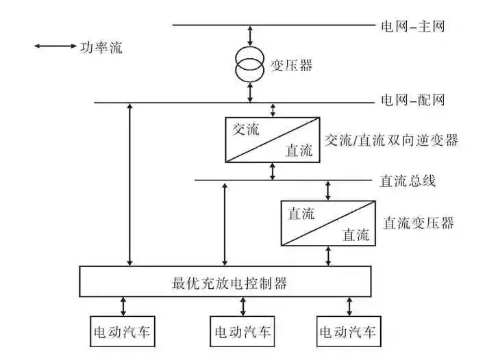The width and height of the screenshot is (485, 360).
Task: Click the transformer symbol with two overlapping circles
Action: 250,64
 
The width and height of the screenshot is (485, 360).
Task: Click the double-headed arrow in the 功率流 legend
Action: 55,47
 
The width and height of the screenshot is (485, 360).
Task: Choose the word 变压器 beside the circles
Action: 292,66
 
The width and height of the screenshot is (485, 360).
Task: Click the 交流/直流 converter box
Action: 273,140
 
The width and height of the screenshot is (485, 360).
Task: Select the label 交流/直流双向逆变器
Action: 391,140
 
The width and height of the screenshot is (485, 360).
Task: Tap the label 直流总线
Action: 408,181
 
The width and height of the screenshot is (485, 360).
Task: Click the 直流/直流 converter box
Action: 327,223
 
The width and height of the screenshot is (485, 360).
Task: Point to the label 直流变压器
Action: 418,223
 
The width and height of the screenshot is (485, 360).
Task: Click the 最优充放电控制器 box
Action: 225,281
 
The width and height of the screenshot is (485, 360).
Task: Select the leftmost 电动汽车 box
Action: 123,333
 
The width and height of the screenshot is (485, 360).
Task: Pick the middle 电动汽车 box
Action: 242,333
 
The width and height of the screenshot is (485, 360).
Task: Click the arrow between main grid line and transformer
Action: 250,36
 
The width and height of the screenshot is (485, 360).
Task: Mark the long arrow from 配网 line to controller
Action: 130,185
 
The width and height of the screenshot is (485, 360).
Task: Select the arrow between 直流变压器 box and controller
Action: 328,256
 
